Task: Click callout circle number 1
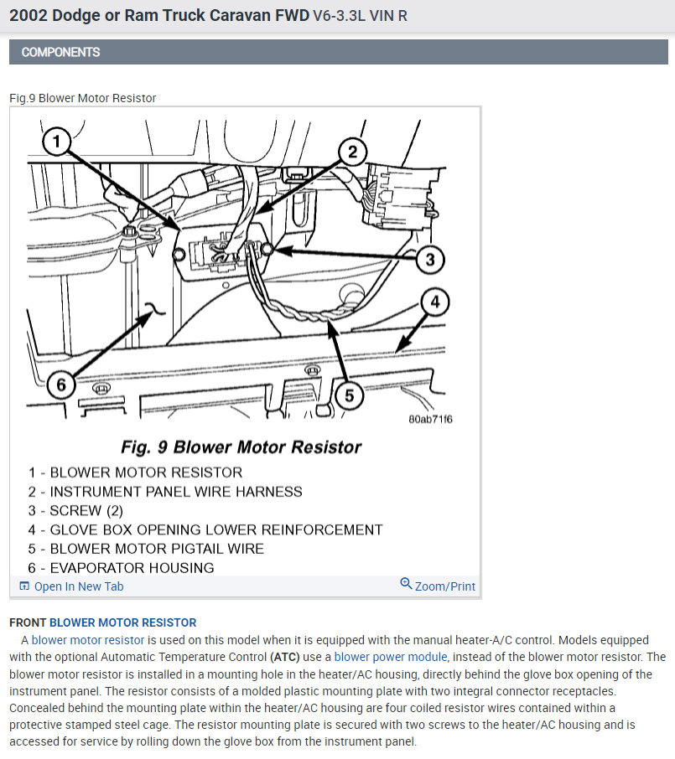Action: [x=55, y=142]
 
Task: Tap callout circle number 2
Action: [x=353, y=152]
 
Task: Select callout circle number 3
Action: [x=429, y=259]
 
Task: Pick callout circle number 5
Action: [x=347, y=394]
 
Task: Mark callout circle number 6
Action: [x=61, y=385]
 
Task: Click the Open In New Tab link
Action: [x=78, y=586]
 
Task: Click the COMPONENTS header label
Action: [x=60, y=52]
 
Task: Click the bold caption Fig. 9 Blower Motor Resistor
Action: [x=241, y=447]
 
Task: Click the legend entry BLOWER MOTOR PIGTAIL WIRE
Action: [x=157, y=549]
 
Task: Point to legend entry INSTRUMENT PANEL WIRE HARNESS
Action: [x=176, y=492]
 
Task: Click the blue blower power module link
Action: [x=391, y=657]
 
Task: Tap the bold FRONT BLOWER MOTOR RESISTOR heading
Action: [x=102, y=622]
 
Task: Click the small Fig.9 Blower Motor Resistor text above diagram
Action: [x=82, y=98]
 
